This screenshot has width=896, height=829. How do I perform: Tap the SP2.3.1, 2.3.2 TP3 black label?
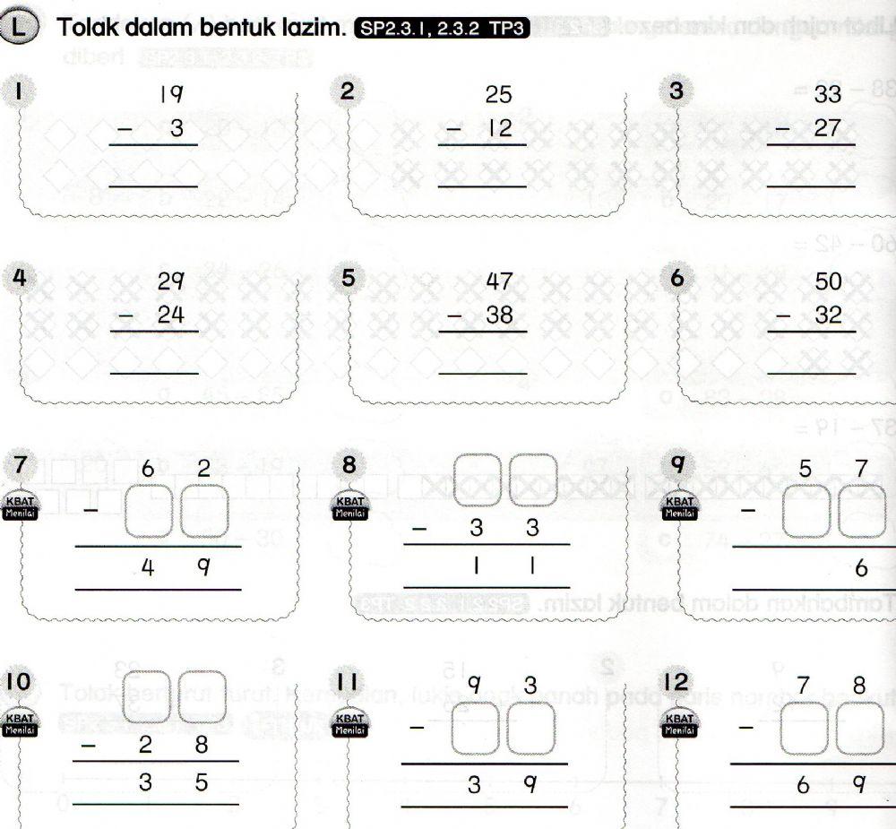click(x=444, y=29)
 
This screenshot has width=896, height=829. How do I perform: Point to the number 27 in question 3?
click(x=827, y=128)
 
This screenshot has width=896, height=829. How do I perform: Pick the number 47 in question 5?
click(x=499, y=281)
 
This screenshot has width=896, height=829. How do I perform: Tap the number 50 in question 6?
click(x=828, y=281)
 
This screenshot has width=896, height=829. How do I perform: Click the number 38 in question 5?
click(x=499, y=315)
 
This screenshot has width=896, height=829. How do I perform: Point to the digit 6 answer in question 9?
click(x=860, y=567)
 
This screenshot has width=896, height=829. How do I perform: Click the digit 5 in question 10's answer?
click(x=202, y=782)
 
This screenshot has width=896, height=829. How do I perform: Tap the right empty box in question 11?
click(x=533, y=729)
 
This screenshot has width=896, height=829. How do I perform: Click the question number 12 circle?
click(x=676, y=682)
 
